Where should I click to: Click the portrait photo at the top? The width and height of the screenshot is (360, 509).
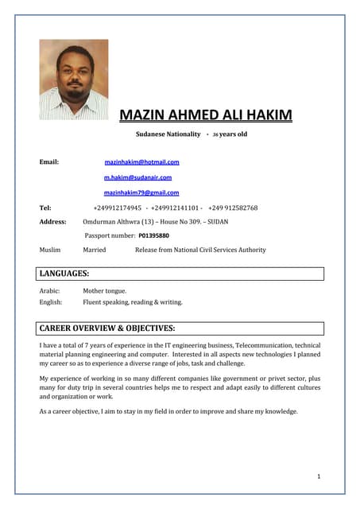pos(74,80)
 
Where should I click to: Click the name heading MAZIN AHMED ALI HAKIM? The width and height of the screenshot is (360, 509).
pos(205,116)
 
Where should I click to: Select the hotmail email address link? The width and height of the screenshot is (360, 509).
pos(141,161)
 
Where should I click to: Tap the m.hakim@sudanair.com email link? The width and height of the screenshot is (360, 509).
pos(137,177)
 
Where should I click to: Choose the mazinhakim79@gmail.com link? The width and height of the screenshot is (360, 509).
pos(141,192)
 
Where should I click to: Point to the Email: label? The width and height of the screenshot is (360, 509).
pos(49,162)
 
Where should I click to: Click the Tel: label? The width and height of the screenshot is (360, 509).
pos(45,208)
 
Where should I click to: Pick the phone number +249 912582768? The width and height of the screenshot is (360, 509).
pos(233,208)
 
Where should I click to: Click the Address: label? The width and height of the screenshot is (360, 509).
pos(52,222)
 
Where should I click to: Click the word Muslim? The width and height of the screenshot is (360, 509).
pos(50,250)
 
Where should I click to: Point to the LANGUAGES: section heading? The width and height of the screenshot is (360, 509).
pos(64,274)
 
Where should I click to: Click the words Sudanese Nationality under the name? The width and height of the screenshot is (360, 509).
pos(168,134)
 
